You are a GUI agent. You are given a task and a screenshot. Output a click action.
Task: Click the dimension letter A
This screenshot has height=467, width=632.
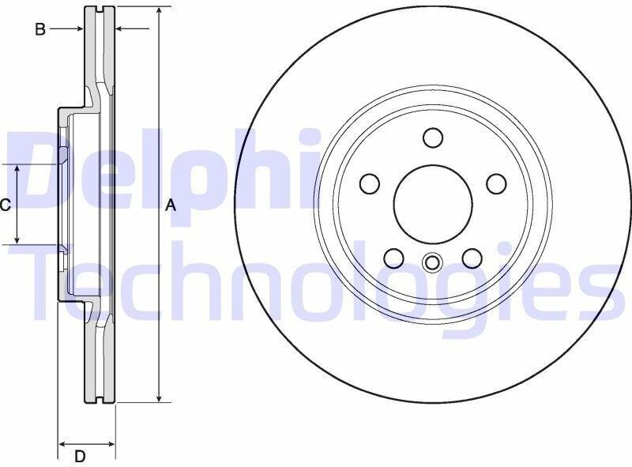pos(171,205)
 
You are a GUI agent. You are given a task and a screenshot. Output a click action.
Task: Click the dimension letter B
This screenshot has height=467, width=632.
pos(40,29)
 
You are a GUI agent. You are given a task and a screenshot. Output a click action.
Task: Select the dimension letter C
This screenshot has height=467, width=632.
pos(5,205)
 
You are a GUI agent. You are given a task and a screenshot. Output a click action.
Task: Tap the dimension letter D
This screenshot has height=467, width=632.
pos(81,457)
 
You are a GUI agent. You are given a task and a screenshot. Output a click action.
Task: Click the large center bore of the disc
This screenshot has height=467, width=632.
pos(433,204)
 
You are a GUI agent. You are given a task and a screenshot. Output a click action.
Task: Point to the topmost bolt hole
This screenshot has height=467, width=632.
pos(433,137)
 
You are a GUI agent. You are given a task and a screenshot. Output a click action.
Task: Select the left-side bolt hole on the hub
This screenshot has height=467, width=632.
pos(370,184)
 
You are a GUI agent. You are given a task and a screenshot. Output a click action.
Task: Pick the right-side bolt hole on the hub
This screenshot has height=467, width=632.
pos(496,184)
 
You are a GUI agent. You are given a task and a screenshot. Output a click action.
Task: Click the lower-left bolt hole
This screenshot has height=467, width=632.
pos(393,258)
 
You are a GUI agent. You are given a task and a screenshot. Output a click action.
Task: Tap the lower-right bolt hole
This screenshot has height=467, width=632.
pos(472,258)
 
